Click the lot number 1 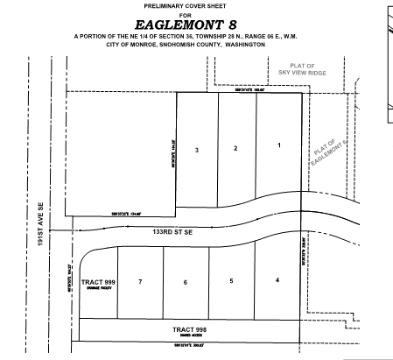tap(279, 145)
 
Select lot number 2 tap(235, 148)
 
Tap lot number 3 tap(197, 151)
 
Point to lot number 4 tap(277, 280)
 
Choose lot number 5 tap(231, 281)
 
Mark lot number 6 tap(185, 282)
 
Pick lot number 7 tap(140, 282)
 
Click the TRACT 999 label tap(98, 282)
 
